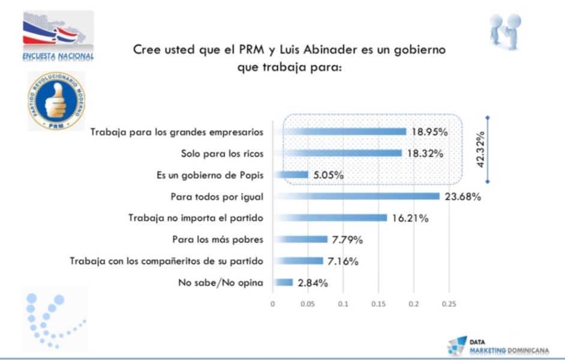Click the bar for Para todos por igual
(357, 196)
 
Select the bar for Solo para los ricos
(338, 153)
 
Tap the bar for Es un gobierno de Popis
(291, 175)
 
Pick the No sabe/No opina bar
(283, 283)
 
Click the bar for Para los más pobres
(300, 239)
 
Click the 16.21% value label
(410, 218)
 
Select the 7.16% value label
(343, 261)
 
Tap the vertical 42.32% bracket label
(481, 150)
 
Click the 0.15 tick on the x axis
(378, 304)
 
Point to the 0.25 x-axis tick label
(449, 304)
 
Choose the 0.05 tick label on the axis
(308, 304)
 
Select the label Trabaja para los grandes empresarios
(177, 131)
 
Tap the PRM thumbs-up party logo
(56, 100)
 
